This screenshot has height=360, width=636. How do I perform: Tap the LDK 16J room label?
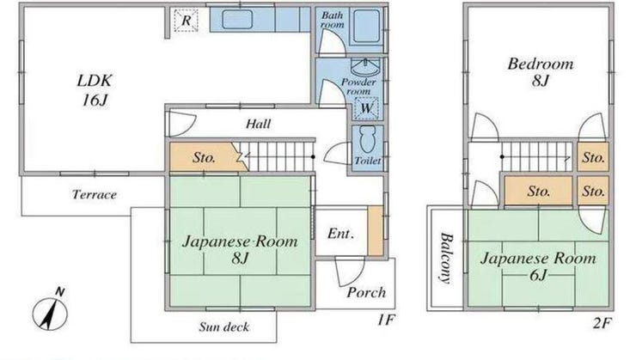click(94, 90)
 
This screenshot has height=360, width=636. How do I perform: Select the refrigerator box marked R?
click(186, 21)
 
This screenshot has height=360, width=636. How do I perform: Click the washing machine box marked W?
click(366, 108)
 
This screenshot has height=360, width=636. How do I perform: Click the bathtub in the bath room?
click(366, 27)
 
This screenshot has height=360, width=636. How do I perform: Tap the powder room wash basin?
click(365, 66)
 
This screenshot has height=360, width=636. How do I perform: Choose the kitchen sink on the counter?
click(237, 20)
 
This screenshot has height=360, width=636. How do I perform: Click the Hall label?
click(259, 124)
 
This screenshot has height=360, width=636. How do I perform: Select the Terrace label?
click(95, 194)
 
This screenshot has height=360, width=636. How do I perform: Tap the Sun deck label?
click(224, 326)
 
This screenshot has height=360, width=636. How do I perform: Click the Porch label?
click(366, 292)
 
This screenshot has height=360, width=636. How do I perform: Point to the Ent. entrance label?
click(340, 234)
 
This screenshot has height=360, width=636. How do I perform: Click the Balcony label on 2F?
click(446, 259)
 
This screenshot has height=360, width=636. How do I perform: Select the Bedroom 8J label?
click(541, 72)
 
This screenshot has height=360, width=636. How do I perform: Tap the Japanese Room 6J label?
click(538, 266)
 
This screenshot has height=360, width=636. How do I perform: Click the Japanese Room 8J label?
click(240, 249)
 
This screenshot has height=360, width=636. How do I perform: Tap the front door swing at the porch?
click(349, 271)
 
